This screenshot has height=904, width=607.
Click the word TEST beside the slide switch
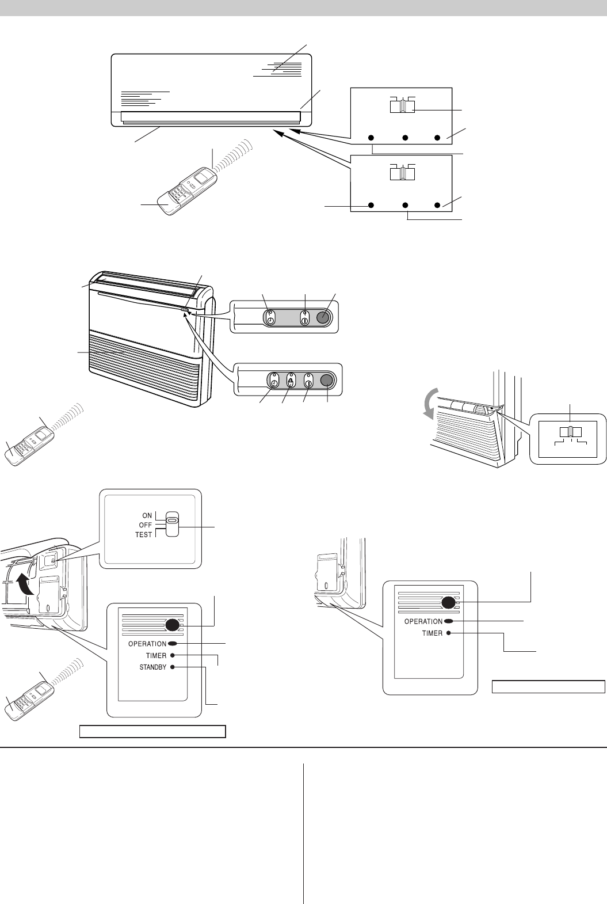pyautogui.click(x=144, y=535)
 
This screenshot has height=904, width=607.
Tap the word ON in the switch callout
pyautogui.click(x=147, y=515)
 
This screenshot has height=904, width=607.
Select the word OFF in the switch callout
pyautogui.click(x=145, y=525)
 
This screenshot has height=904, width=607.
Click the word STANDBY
pyautogui.click(x=153, y=667)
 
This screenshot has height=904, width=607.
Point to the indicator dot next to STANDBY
pyautogui.click(x=172, y=667)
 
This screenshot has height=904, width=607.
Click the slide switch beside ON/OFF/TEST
pyautogui.click(x=172, y=524)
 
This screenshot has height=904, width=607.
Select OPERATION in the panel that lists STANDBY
pyautogui.click(x=147, y=644)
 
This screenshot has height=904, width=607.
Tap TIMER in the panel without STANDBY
pyautogui.click(x=432, y=633)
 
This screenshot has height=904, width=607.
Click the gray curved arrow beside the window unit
pyautogui.click(x=431, y=404)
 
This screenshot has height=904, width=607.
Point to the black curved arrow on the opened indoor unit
pyautogui.click(x=24, y=585)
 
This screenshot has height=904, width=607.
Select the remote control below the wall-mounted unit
pyautogui.click(x=186, y=191)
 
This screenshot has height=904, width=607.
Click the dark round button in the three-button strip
pyautogui.click(x=322, y=318)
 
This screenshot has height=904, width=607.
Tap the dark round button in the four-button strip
pyautogui.click(x=326, y=380)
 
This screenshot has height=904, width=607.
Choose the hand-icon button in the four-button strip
pyautogui.click(x=291, y=381)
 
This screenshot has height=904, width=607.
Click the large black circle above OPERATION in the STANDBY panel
pyautogui.click(x=172, y=625)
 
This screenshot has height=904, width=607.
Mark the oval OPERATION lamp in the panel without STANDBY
pyautogui.click(x=448, y=621)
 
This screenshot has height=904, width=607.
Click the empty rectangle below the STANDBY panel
pyautogui.click(x=152, y=731)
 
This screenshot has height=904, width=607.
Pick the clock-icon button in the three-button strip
pyautogui.click(x=270, y=318)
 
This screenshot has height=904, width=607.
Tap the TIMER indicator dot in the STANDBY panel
pyautogui.click(x=172, y=655)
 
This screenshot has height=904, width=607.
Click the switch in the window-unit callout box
pyautogui.click(x=570, y=432)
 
